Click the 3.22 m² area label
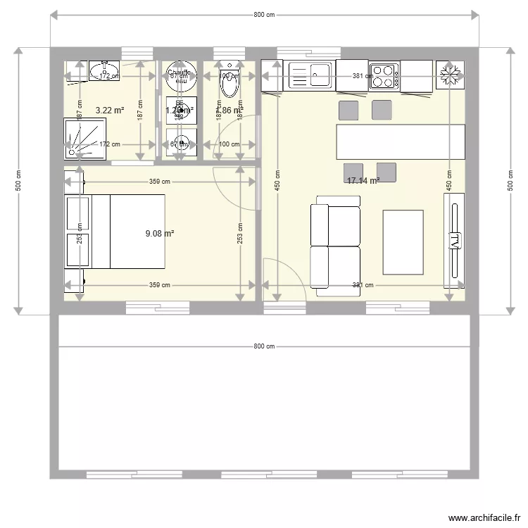(x=109, y=110)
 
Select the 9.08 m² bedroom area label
(x=160, y=233)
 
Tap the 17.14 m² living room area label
(x=363, y=181)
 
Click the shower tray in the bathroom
(x=88, y=139)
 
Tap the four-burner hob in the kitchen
(x=384, y=75)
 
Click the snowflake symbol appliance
(x=449, y=74)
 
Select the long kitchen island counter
(x=401, y=142)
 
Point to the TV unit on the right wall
(x=454, y=241)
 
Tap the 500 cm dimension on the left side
(x=18, y=182)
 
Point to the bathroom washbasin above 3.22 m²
(x=104, y=70)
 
